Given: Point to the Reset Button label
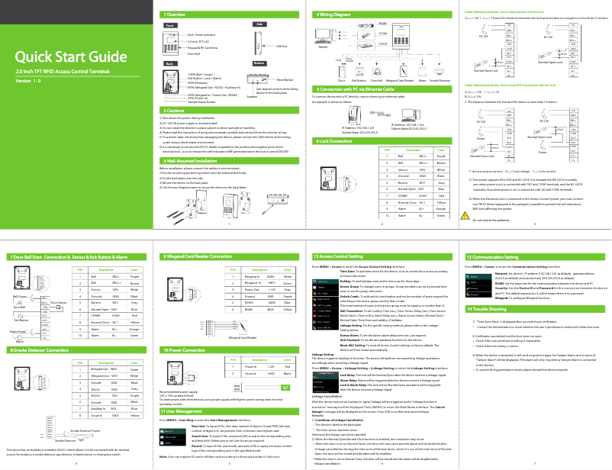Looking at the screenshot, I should [x=285, y=79].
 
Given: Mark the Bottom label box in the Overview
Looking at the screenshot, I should [x=259, y=63].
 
